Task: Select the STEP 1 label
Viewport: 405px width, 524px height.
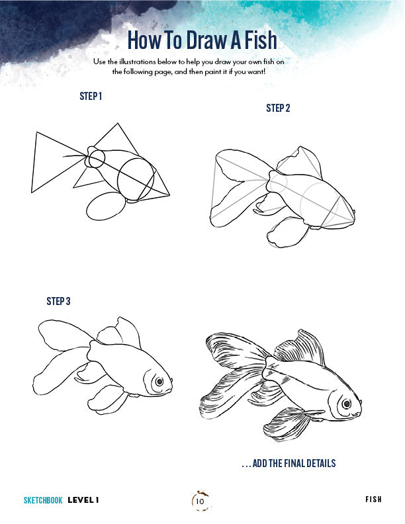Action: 91,97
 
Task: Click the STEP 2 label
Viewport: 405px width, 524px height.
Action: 278,108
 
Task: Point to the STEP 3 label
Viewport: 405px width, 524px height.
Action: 58,301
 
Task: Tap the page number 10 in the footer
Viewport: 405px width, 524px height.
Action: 200,502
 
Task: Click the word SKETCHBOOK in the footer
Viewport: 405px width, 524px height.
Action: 43,500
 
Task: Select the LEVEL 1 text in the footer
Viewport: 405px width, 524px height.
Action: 83,500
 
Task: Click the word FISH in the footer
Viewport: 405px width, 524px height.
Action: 373,500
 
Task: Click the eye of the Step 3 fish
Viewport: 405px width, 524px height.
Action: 158,382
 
